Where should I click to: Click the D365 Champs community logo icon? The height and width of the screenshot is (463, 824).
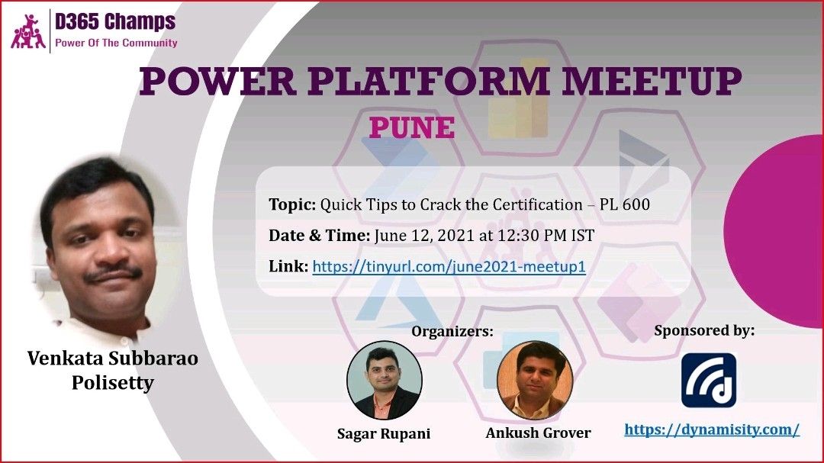point(28,31)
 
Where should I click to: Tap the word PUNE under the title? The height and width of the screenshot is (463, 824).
point(412,127)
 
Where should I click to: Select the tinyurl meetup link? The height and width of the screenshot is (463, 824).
point(449,266)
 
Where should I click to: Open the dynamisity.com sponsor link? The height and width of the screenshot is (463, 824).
point(712,429)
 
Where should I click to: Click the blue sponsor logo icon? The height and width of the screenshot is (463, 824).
point(708,380)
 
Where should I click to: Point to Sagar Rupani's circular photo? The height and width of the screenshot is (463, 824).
point(384,381)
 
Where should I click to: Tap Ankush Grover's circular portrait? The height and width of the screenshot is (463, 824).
point(535,381)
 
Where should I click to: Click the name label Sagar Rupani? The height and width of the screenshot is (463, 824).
point(384,433)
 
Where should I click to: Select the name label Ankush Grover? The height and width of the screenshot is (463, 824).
point(538,433)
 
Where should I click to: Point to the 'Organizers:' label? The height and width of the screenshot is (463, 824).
point(452,332)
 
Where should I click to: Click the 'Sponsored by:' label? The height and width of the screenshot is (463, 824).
point(704,330)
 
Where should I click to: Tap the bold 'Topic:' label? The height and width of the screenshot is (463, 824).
point(292,204)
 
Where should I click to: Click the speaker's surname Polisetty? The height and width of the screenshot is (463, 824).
point(112,383)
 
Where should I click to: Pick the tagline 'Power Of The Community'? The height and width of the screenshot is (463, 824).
point(116,43)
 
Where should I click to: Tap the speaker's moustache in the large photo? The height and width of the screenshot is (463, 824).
point(114,273)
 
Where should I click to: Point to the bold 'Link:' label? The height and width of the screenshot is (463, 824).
point(288,266)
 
